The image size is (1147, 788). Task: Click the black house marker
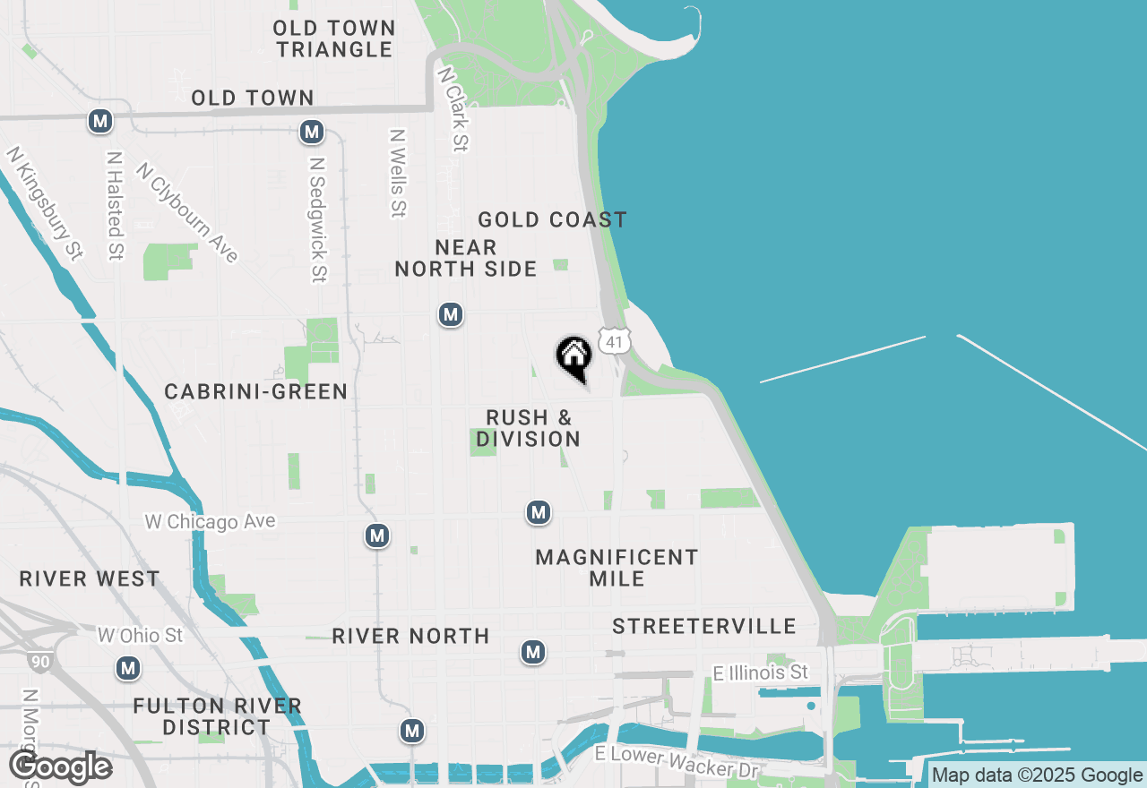pyautogui.click(x=573, y=357)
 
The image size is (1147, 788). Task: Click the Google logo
pyautogui.click(x=60, y=767)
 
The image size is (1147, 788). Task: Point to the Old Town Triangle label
pyautogui.click(x=335, y=39)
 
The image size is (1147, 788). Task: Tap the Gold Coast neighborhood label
pyautogui.click(x=552, y=219)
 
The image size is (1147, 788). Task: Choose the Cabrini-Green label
pyautogui.click(x=256, y=391)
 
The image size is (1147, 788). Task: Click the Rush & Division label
pyautogui.click(x=529, y=428)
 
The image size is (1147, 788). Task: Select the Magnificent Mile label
pyautogui.click(x=617, y=568)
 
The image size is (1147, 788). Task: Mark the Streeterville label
pyautogui.click(x=704, y=626)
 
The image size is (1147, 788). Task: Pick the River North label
pyautogui.click(x=410, y=636)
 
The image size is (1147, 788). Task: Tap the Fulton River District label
pyautogui.click(x=217, y=716)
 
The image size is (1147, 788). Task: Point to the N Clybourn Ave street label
pyautogui.click(x=188, y=213)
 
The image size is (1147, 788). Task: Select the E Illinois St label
pyautogui.click(x=760, y=672)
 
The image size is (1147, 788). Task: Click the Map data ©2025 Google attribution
pyautogui.click(x=1036, y=775)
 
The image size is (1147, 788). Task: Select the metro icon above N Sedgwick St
pyautogui.click(x=311, y=133)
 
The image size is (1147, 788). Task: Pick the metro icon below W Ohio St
pyautogui.click(x=128, y=668)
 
